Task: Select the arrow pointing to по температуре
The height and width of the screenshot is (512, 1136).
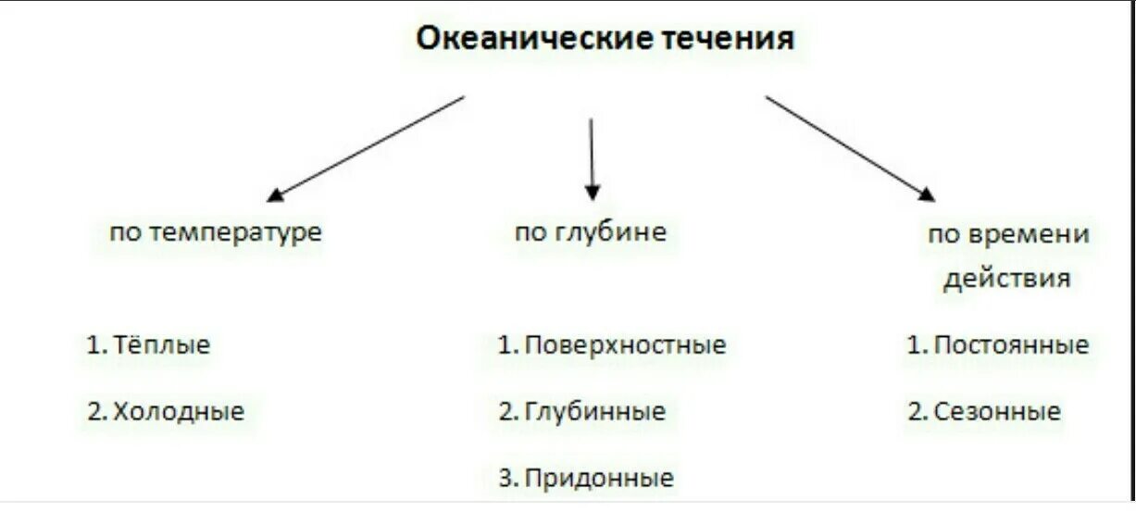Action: pyautogui.click(x=366, y=148)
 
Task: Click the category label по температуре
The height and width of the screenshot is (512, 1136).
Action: pyautogui.click(x=216, y=231)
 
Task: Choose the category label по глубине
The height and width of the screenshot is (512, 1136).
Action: pyautogui.click(x=590, y=231)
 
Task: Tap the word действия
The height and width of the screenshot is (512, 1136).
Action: pyautogui.click(x=1006, y=279)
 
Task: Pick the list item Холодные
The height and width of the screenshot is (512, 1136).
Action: pyautogui.click(x=179, y=411)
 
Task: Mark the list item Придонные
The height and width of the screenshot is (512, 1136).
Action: pyautogui.click(x=598, y=479)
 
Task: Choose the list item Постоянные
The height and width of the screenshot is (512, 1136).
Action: pyautogui.click(x=1011, y=345)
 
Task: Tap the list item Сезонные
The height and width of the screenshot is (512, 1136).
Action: pyautogui.click(x=996, y=411)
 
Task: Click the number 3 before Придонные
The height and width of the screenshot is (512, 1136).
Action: pyautogui.click(x=505, y=479)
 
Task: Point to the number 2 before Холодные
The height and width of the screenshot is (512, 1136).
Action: pyautogui.click(x=94, y=411)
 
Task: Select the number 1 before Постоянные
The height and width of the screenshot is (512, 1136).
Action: pyautogui.click(x=914, y=345)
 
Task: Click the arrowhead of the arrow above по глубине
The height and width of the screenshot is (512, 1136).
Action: pyautogui.click(x=593, y=192)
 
